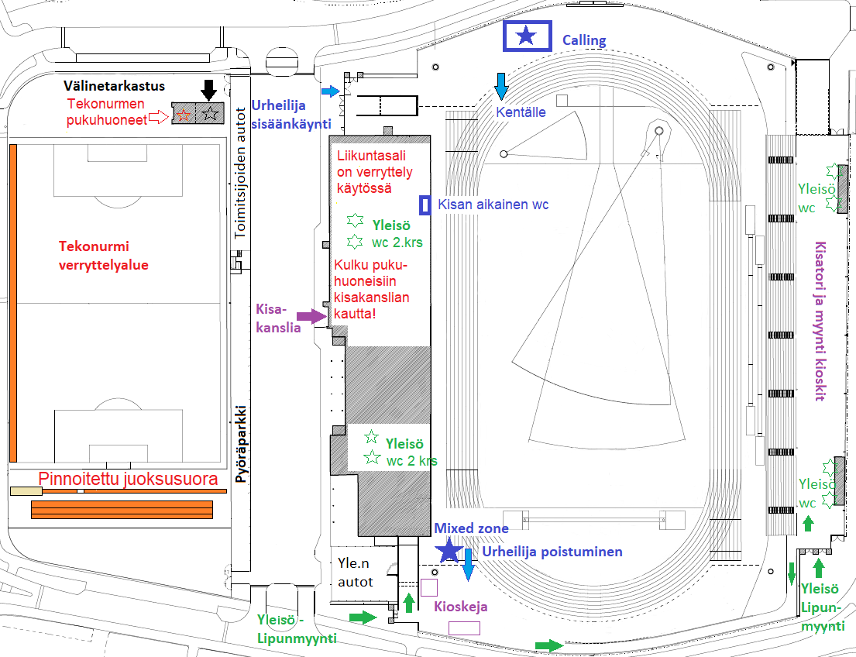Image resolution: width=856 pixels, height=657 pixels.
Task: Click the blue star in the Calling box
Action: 526,36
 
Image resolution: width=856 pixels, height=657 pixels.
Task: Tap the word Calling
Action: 584,40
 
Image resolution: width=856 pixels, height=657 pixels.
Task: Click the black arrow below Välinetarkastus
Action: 208,90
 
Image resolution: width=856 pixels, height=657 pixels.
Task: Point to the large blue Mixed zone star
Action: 449,550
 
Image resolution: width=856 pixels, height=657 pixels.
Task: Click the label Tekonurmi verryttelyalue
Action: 104,256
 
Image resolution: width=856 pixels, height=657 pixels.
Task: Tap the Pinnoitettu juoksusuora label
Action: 129,479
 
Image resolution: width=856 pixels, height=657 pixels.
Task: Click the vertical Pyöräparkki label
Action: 241,444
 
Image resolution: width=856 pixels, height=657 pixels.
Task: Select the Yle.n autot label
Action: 355,573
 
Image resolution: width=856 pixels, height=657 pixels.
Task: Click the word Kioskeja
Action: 461,607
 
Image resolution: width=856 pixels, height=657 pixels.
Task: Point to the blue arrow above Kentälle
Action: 501,86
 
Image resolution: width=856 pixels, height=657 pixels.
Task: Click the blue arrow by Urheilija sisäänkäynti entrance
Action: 331,91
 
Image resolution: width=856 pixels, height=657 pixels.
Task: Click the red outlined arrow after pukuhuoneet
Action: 160,115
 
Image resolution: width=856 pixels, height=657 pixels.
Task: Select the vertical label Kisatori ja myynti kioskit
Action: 820,321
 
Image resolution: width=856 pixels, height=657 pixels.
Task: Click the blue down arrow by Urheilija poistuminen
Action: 468,565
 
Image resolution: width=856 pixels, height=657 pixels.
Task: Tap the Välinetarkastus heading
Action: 114,86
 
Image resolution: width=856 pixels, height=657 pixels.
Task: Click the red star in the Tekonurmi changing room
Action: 184,115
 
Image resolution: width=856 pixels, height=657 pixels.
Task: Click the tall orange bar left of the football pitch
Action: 13,303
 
